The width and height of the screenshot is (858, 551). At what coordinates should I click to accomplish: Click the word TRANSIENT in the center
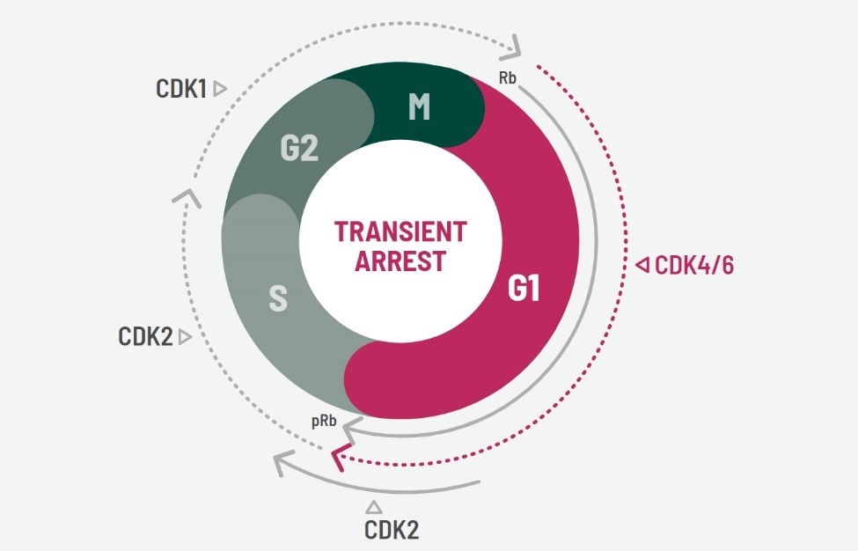coord(400,232)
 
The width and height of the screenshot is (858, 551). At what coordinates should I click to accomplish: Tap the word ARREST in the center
coord(400,261)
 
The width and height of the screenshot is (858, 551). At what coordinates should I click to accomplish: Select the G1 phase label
coord(523,289)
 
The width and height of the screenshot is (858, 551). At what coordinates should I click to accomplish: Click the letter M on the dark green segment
coord(419,107)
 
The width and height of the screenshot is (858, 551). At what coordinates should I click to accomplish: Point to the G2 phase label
coord(299,150)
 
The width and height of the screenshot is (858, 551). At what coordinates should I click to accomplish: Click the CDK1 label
coord(182,88)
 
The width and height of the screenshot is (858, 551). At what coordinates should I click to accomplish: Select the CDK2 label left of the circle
coord(145,336)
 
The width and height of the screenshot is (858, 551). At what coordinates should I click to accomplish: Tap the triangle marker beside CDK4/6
coord(642,264)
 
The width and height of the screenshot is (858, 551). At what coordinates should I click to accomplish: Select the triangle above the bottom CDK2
coord(373,506)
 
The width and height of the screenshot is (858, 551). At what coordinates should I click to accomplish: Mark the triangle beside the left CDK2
coord(185,336)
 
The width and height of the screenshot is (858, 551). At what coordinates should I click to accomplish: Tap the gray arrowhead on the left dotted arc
coord(187,195)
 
